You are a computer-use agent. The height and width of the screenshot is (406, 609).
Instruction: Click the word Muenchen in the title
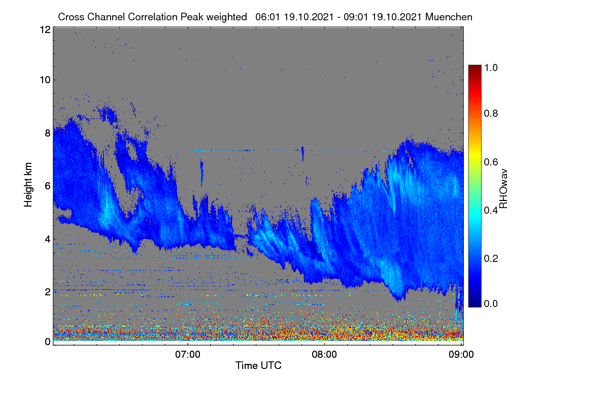pyautogui.click(x=449, y=17)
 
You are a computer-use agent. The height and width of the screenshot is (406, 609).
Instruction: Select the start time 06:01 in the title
pyautogui.click(x=267, y=17)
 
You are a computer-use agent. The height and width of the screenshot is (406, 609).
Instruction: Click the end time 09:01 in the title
pyautogui.click(x=356, y=17)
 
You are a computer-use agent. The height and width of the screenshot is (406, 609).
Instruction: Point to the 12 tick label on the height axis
pyautogui.click(x=45, y=29)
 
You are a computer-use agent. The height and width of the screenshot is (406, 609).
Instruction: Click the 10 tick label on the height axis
pyautogui.click(x=45, y=80)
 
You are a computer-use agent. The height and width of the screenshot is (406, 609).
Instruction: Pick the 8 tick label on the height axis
pyautogui.click(x=48, y=133)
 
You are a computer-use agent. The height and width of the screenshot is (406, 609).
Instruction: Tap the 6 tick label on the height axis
pyautogui.click(x=48, y=186)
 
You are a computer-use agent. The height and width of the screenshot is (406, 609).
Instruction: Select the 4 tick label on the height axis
pyautogui.click(x=48, y=240)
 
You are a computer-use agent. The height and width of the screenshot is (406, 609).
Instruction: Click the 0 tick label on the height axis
pyautogui.click(x=48, y=342)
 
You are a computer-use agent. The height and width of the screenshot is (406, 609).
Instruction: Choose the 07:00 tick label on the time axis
pyautogui.click(x=188, y=354)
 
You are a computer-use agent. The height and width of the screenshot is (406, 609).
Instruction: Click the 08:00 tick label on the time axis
pyautogui.click(x=324, y=354)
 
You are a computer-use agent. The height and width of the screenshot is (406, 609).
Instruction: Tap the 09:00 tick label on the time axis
pyautogui.click(x=461, y=354)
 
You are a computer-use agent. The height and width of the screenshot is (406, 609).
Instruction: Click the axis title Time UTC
pyautogui.click(x=258, y=365)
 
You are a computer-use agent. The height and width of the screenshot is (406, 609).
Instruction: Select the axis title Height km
pyautogui.click(x=28, y=185)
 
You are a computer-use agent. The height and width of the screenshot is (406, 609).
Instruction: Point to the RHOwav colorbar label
pyautogui.click(x=503, y=189)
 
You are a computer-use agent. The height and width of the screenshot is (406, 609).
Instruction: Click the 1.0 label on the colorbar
pyautogui.click(x=491, y=67)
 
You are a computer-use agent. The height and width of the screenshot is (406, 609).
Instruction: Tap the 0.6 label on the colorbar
pyautogui.click(x=491, y=162)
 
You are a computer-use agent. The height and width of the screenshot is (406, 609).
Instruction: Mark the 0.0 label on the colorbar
pyautogui.click(x=491, y=303)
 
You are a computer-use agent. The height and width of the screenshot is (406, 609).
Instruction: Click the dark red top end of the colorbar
pyautogui.click(x=475, y=66)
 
